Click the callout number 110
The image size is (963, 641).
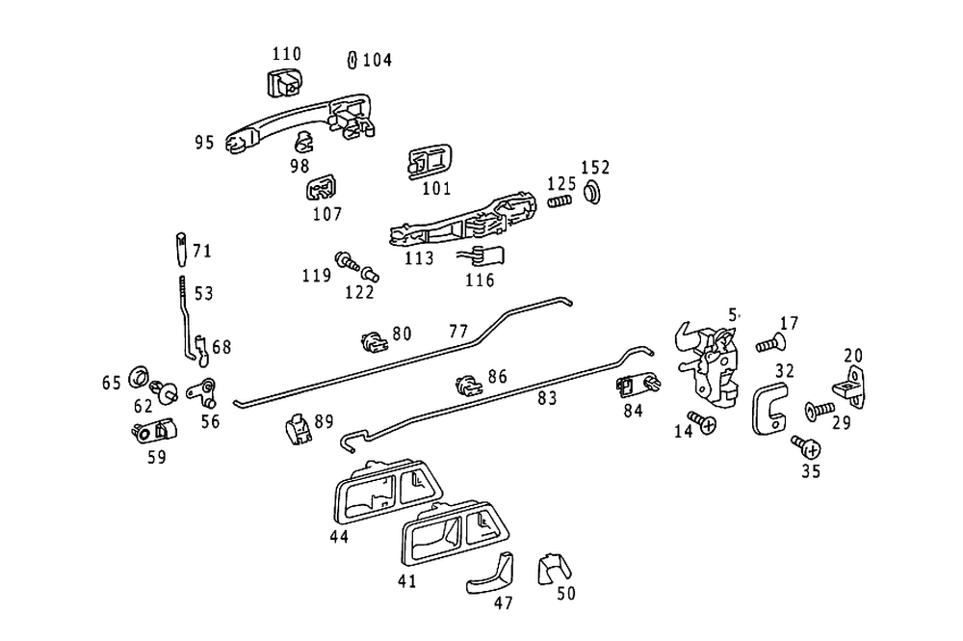tap(286, 54)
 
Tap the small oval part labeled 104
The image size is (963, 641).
tap(352, 60)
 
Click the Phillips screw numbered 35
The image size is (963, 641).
tap(807, 447)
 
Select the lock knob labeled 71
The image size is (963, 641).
tap(180, 253)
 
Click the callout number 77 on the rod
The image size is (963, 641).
tap(458, 332)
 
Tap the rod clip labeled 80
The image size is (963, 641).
tap(374, 339)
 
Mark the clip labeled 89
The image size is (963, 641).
tap(298, 427)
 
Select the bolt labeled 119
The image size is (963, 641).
tap(346, 260)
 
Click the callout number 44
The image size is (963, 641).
tap(338, 536)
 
